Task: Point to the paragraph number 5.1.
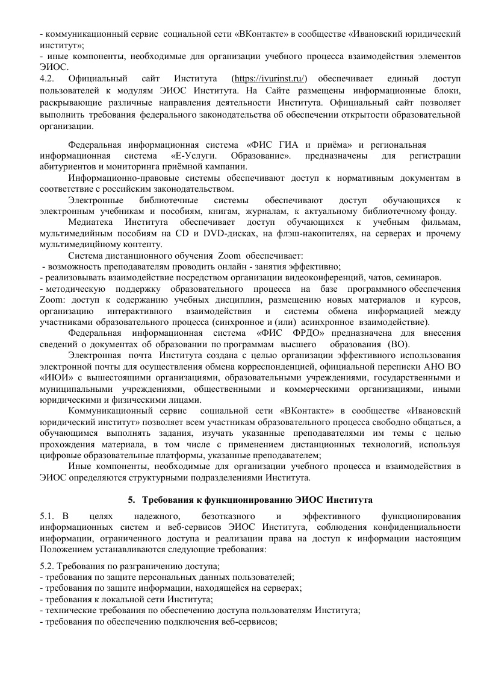click(x=47, y=517)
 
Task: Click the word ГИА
click(x=290, y=145)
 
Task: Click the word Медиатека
click(x=89, y=222)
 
